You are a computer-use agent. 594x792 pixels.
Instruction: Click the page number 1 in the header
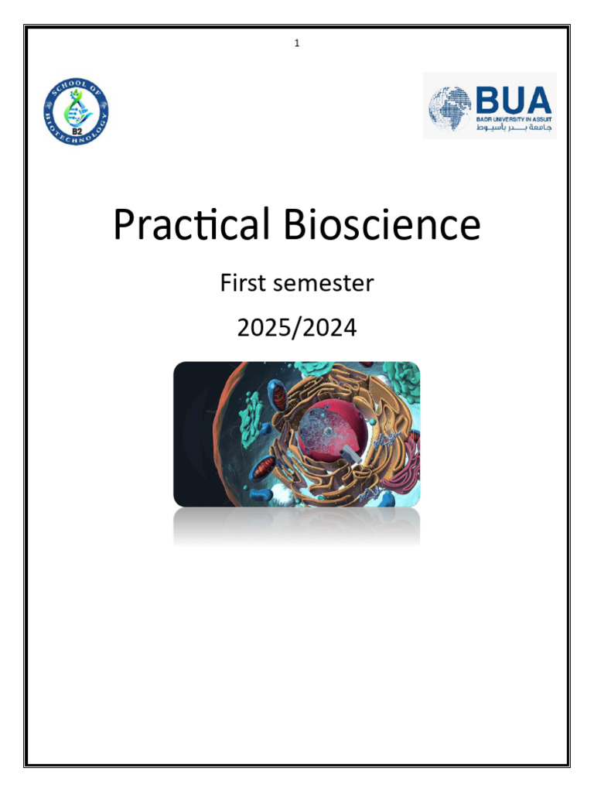click(x=297, y=43)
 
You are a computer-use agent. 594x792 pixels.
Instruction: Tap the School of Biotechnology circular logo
click(x=76, y=113)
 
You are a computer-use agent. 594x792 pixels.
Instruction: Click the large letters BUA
click(x=513, y=101)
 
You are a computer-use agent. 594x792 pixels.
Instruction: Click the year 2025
click(x=262, y=328)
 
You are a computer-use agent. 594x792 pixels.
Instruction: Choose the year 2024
click(x=332, y=328)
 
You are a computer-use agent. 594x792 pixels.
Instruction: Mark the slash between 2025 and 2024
click(x=298, y=328)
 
